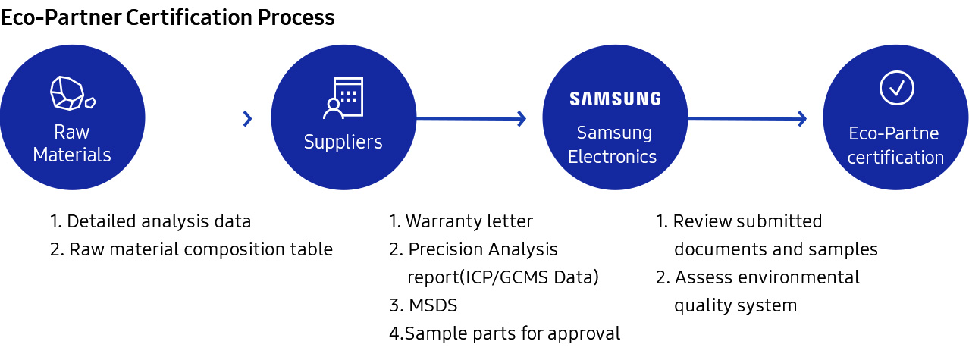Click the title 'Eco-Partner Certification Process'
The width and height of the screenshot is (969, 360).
(x=168, y=17)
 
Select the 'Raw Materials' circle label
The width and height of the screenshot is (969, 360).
(x=72, y=144)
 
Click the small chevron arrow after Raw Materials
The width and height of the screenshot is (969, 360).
(x=247, y=118)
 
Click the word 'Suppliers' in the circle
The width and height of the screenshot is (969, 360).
(x=343, y=142)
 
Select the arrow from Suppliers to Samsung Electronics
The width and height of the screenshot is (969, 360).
(x=471, y=118)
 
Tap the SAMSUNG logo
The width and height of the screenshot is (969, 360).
(x=615, y=99)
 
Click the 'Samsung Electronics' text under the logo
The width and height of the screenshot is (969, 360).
(x=613, y=145)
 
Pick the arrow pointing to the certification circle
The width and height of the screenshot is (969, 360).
(x=747, y=118)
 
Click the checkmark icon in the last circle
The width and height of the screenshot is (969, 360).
(x=896, y=88)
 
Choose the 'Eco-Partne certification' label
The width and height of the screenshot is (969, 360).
(x=895, y=146)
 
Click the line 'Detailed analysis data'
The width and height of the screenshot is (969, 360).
(x=150, y=221)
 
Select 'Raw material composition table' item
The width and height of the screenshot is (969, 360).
(x=191, y=249)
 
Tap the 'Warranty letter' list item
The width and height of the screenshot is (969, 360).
(x=461, y=221)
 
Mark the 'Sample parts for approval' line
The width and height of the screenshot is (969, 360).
(x=504, y=333)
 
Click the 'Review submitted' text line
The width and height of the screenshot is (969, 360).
(x=739, y=221)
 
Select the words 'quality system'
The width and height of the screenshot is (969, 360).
(x=735, y=305)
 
